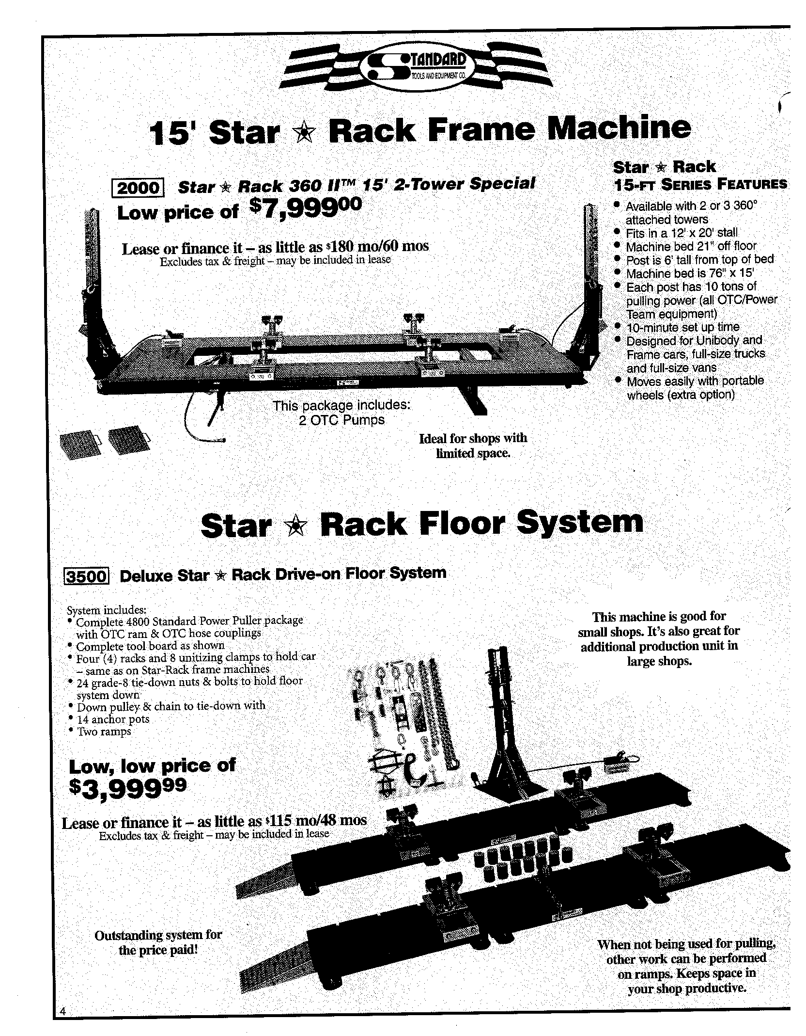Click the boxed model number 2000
tap(139, 188)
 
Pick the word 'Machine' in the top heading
tap(621, 128)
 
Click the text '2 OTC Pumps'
tap(342, 420)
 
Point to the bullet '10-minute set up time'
tap(682, 327)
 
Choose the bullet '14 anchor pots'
tap(113, 719)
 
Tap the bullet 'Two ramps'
tap(104, 732)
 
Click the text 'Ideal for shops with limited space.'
tap(473, 446)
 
